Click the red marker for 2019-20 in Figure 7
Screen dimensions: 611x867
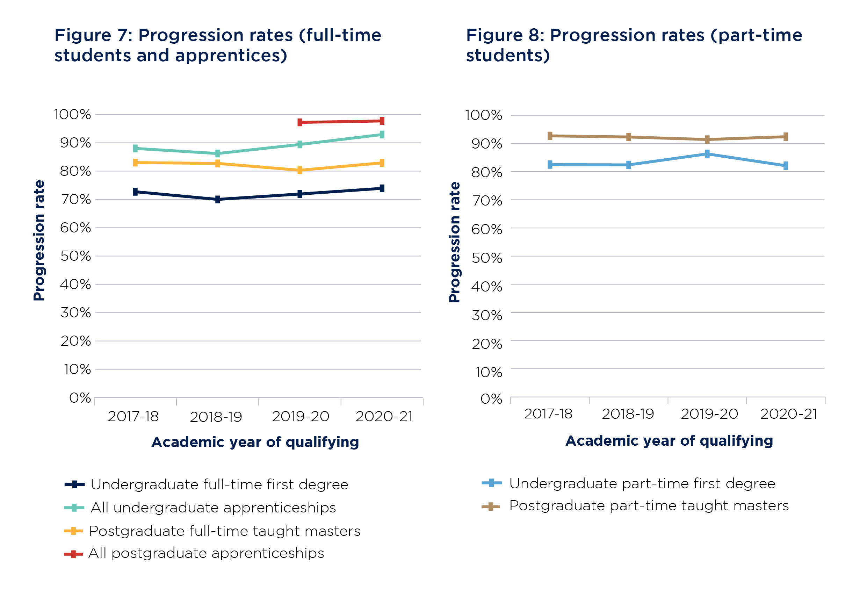(300, 122)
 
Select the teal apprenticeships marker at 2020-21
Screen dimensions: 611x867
(382, 135)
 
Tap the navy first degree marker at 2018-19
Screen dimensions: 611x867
(217, 199)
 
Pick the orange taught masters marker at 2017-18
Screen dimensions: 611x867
(135, 163)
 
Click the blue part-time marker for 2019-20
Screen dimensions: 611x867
(707, 154)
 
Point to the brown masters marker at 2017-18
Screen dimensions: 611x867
(550, 136)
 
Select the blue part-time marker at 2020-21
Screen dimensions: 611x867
(786, 166)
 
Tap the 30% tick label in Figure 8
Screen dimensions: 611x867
(487, 315)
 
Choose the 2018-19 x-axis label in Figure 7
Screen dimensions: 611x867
(216, 417)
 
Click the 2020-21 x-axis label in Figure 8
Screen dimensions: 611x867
(788, 414)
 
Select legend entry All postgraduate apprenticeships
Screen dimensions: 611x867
(206, 553)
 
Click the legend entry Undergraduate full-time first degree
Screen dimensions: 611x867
(219, 484)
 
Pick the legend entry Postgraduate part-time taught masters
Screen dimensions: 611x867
(649, 506)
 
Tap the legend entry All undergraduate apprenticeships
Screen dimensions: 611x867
(213, 508)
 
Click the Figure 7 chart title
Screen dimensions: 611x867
(217, 45)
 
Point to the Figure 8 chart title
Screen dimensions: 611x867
(634, 45)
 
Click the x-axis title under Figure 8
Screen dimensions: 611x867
(669, 441)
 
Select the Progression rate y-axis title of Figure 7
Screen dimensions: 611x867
(39, 240)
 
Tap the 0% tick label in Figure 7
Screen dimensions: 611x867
(80, 398)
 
